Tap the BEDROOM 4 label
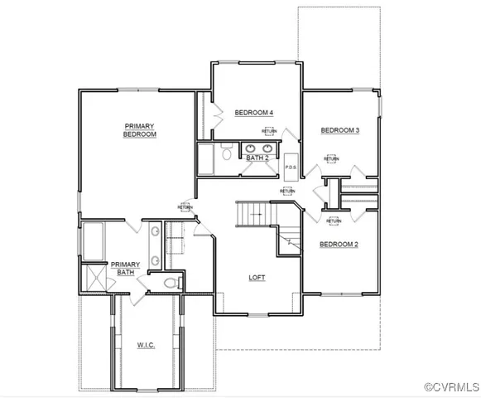tap(253, 113)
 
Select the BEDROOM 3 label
tap(340, 130)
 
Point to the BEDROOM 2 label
tap(339, 244)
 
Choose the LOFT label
tap(257, 279)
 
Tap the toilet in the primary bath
tap(171, 283)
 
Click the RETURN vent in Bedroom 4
tap(269, 131)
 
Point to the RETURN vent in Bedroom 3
tap(331, 158)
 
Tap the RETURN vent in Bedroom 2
tap(334, 221)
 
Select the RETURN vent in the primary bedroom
tap(185, 207)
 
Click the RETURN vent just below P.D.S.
tap(287, 191)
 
